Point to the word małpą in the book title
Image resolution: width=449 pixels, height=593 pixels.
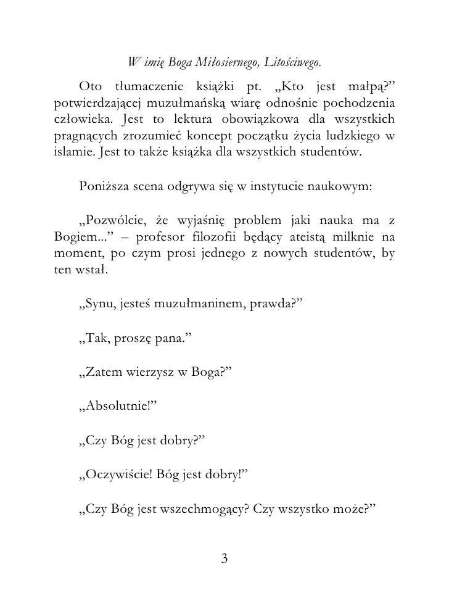click(x=377, y=84)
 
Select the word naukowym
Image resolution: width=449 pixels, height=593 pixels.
click(x=342, y=187)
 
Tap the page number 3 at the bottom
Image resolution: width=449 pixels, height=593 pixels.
click(x=224, y=558)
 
